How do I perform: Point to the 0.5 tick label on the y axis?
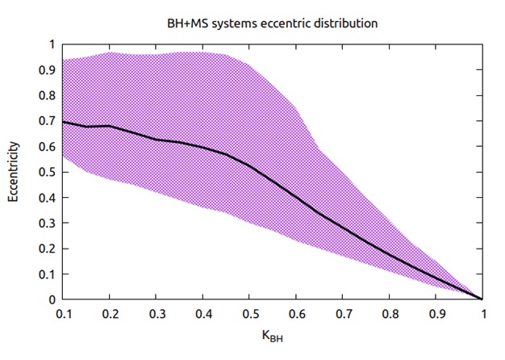point(46,172)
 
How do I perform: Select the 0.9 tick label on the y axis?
point(46,70)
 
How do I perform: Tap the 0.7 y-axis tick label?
point(46,121)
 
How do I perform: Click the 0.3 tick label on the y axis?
point(46,223)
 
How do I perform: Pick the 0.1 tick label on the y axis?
point(46,274)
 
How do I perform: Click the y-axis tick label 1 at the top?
point(52,44)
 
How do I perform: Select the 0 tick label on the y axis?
point(52,299)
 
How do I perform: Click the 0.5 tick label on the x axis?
point(249,313)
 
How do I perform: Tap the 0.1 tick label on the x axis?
point(63,313)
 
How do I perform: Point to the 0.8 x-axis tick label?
point(389,313)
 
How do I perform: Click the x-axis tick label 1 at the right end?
point(482,313)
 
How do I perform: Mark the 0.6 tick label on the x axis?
point(296,313)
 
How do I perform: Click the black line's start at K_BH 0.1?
point(63,122)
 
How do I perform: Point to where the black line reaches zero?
point(482,299)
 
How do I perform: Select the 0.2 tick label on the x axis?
point(110,313)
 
